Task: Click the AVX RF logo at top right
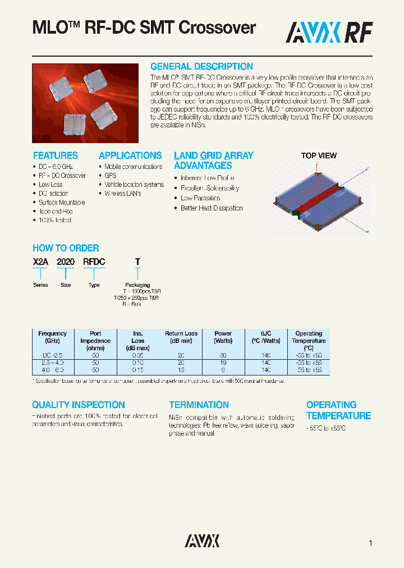click(329, 33)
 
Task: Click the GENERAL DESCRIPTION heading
click(201, 66)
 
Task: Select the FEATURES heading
click(55, 155)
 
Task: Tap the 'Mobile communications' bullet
click(133, 167)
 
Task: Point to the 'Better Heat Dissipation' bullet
click(212, 208)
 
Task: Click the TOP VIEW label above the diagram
click(319, 155)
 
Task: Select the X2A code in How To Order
click(40, 262)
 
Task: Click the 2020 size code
click(66, 262)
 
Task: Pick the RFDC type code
click(94, 262)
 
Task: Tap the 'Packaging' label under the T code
click(137, 285)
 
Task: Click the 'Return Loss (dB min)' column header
click(181, 337)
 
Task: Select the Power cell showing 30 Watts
click(223, 355)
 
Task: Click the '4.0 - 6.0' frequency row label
click(52, 370)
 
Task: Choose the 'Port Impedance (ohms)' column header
click(95, 340)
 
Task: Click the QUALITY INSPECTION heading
click(78, 405)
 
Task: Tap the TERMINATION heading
click(199, 405)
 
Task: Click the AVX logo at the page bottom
click(202, 541)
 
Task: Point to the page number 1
click(370, 543)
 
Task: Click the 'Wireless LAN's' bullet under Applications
click(122, 194)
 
